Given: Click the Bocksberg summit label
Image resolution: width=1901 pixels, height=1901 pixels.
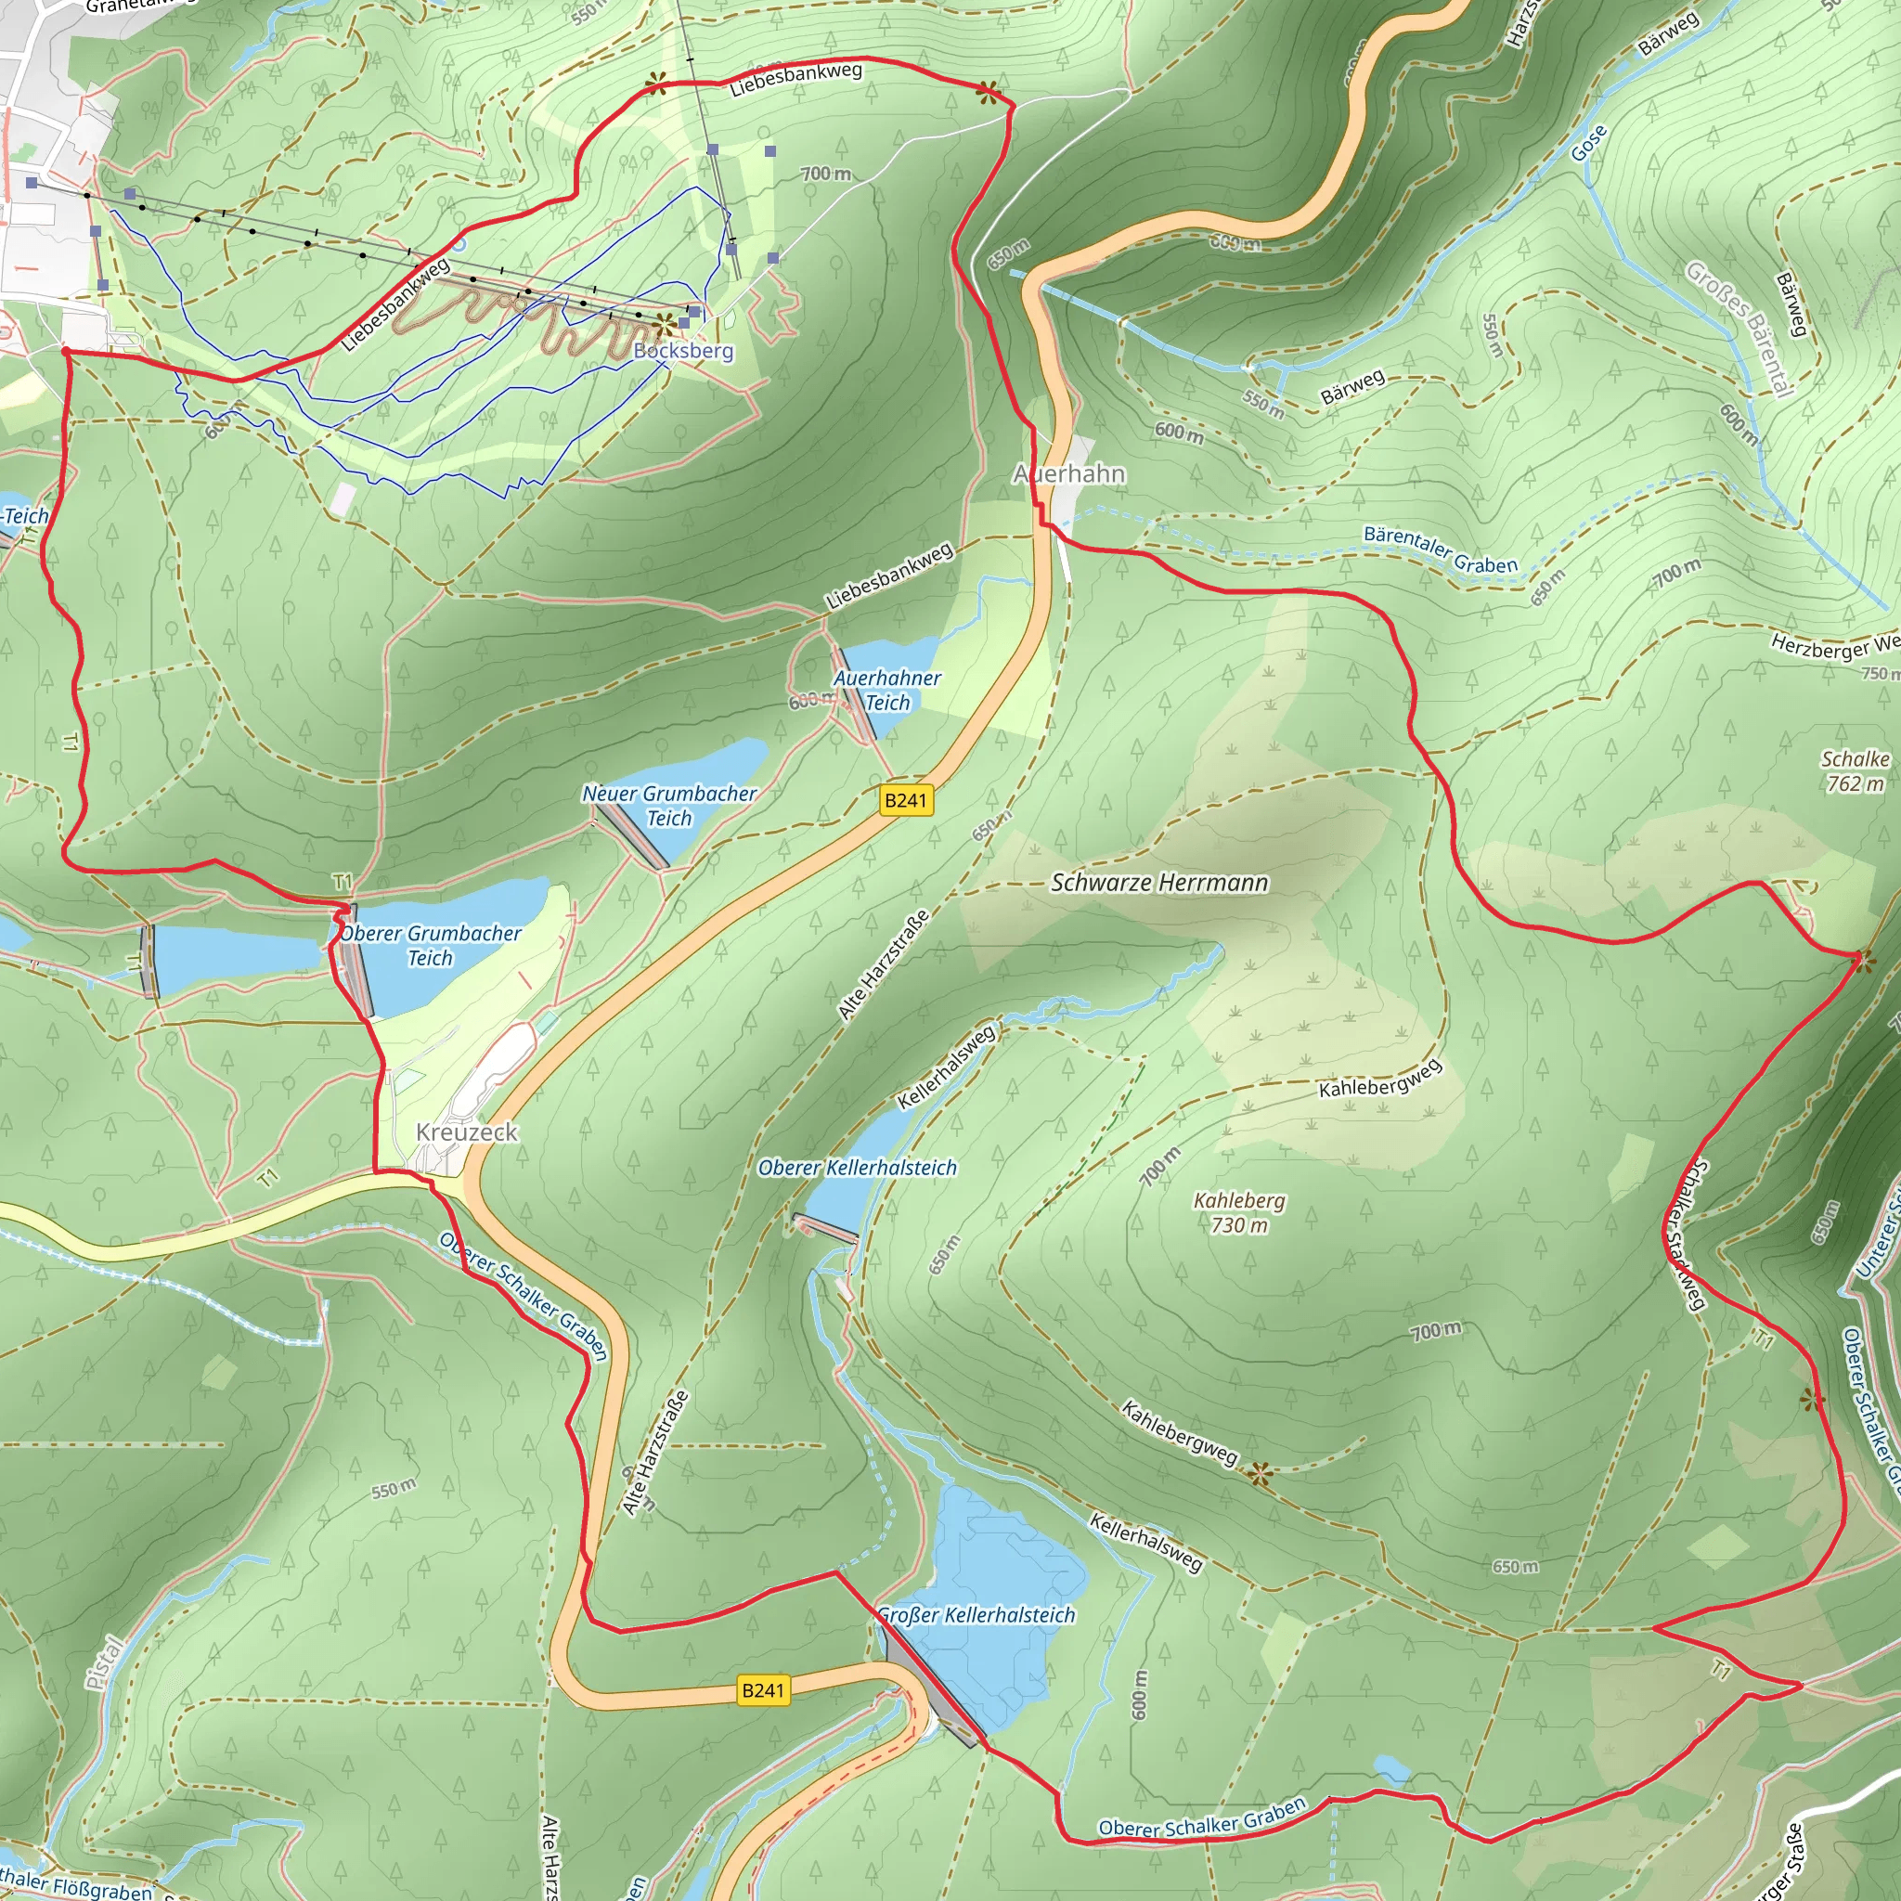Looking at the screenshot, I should click(x=683, y=350).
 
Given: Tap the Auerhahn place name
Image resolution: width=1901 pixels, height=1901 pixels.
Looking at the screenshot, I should click(x=1068, y=474).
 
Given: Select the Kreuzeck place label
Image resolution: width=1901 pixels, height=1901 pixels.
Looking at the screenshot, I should click(x=466, y=1132).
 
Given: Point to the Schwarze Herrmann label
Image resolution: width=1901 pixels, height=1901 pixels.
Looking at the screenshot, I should click(x=1159, y=883).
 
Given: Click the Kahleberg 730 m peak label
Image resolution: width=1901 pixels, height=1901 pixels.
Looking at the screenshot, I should click(x=1239, y=1212).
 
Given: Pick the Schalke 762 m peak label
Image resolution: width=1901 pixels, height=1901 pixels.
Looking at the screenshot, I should click(x=1855, y=771).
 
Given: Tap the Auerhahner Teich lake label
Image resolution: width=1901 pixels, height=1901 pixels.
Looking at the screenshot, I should click(x=886, y=690).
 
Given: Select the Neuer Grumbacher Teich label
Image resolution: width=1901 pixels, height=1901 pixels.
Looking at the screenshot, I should click(x=669, y=806).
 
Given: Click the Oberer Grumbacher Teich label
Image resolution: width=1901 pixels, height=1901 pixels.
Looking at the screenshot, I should click(x=430, y=946).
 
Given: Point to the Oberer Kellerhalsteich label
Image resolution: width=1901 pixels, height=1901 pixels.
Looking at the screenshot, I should click(x=856, y=1168).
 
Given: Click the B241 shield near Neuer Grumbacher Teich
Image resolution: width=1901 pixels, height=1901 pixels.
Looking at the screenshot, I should click(x=905, y=800).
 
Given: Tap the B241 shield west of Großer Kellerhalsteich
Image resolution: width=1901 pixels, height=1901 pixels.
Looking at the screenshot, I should click(x=763, y=1691).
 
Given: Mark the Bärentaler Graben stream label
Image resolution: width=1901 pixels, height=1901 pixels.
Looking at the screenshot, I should click(x=1440, y=550).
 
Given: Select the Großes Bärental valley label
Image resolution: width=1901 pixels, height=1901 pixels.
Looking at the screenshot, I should click(x=1737, y=328).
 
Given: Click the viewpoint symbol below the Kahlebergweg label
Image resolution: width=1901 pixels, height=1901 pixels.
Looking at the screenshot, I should click(x=1260, y=1473).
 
